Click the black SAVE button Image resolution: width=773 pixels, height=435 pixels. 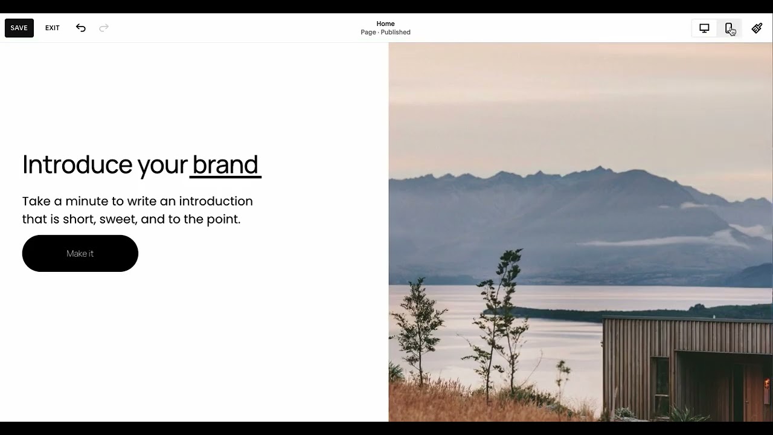click(x=19, y=28)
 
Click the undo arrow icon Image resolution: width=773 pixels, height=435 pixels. click(x=81, y=28)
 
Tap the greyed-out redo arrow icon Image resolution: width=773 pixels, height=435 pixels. click(x=104, y=28)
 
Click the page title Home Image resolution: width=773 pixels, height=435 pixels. click(x=385, y=24)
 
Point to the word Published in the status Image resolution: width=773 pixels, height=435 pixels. click(x=396, y=32)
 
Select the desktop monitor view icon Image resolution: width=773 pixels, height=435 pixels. click(x=704, y=28)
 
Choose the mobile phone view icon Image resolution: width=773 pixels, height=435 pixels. click(x=728, y=28)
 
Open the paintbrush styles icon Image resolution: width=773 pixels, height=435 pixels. click(x=757, y=28)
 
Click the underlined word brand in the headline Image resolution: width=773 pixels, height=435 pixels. click(x=225, y=165)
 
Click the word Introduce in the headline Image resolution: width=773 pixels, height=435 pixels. click(x=77, y=164)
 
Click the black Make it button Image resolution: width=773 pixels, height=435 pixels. click(x=80, y=253)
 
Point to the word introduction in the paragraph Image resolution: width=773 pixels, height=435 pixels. click(x=216, y=201)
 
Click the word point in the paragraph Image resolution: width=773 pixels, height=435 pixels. click(x=223, y=219)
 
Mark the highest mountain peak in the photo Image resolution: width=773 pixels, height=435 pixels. click(x=600, y=168)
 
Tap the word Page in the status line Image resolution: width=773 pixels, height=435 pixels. click(x=368, y=33)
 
